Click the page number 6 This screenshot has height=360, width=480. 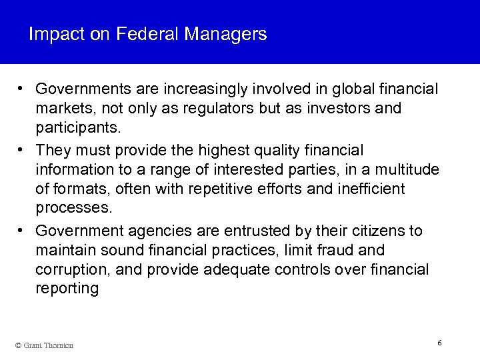pyautogui.click(x=439, y=342)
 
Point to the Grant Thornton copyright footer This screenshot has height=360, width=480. pyautogui.click(x=43, y=345)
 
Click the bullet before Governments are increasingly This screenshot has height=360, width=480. pyautogui.click(x=22, y=89)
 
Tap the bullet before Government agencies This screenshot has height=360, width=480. pyautogui.click(x=22, y=231)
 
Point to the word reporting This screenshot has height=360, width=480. pyautogui.click(x=67, y=289)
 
